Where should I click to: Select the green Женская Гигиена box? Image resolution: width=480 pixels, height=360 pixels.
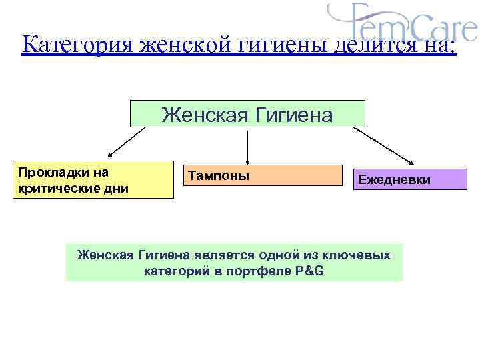[x=247, y=114]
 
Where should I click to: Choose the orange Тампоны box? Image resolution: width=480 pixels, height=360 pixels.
[x=262, y=175]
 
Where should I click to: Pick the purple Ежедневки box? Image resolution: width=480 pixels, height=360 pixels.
[x=409, y=179]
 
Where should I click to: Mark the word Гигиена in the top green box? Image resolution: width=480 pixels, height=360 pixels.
[x=292, y=115]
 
